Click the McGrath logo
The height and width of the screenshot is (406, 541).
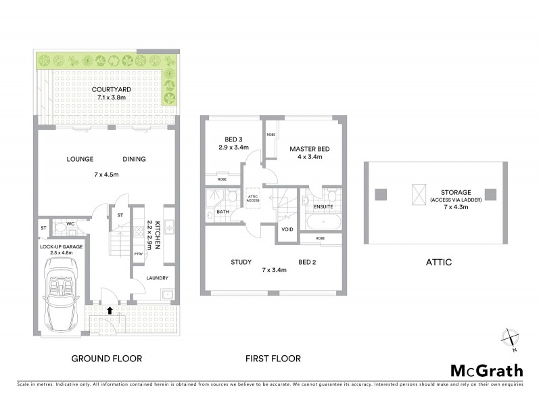click(x=486, y=370)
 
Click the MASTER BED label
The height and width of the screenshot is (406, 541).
click(x=306, y=149)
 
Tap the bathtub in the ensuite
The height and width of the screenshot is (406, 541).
click(x=323, y=222)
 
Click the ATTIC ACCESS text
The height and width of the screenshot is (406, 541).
click(x=253, y=198)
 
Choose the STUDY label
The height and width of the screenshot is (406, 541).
click(x=241, y=262)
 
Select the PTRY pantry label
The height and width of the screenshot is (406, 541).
click(x=139, y=254)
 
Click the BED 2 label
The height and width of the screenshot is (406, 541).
click(x=308, y=262)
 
